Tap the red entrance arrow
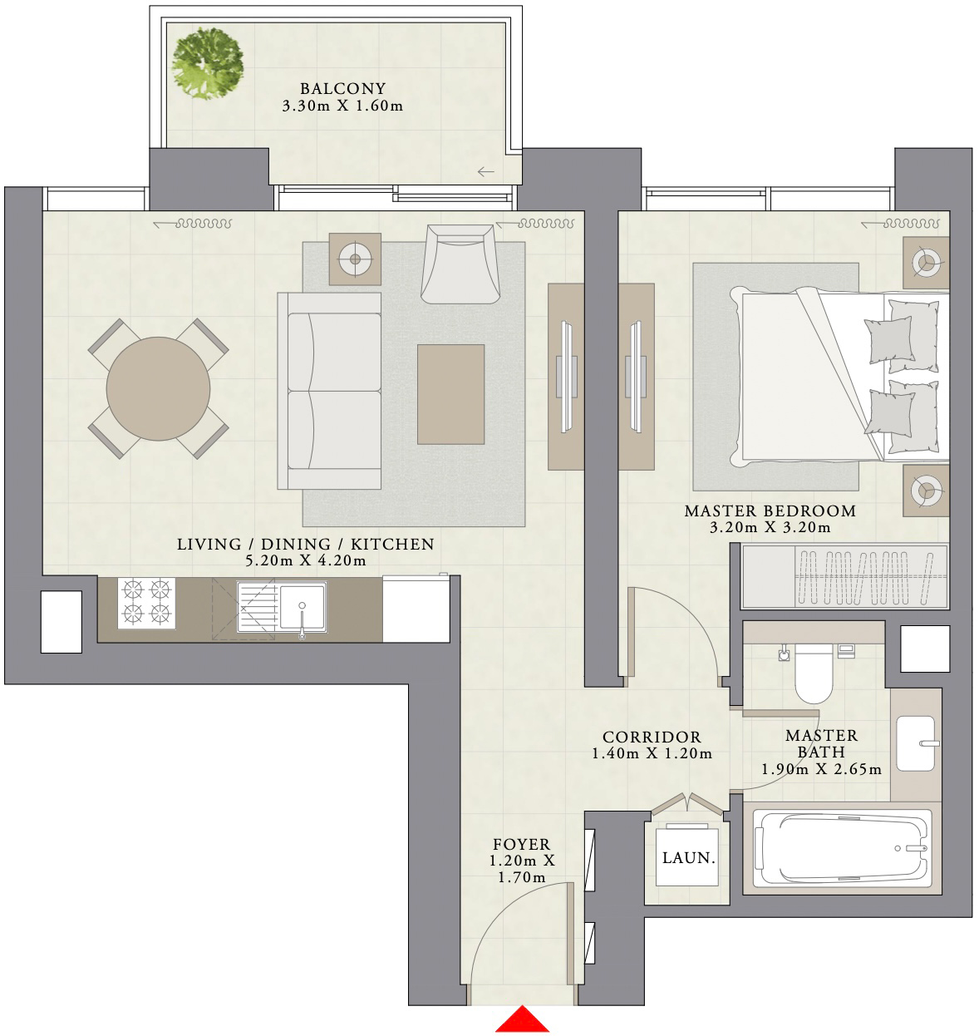(x=521, y=1021)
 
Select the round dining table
(x=158, y=388)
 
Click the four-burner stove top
(x=146, y=602)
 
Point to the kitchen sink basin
(x=302, y=605)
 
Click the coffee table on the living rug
(x=450, y=394)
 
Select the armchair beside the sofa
(x=459, y=264)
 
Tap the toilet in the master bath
(x=813, y=673)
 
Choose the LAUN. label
(x=688, y=858)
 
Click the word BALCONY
(x=342, y=88)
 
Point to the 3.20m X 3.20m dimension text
(x=770, y=527)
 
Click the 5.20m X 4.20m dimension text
(x=305, y=560)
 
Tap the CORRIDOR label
(x=652, y=737)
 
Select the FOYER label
(x=521, y=845)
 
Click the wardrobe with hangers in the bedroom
(x=845, y=576)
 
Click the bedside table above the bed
(x=926, y=263)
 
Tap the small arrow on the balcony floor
(x=486, y=172)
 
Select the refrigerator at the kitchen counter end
(x=416, y=610)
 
